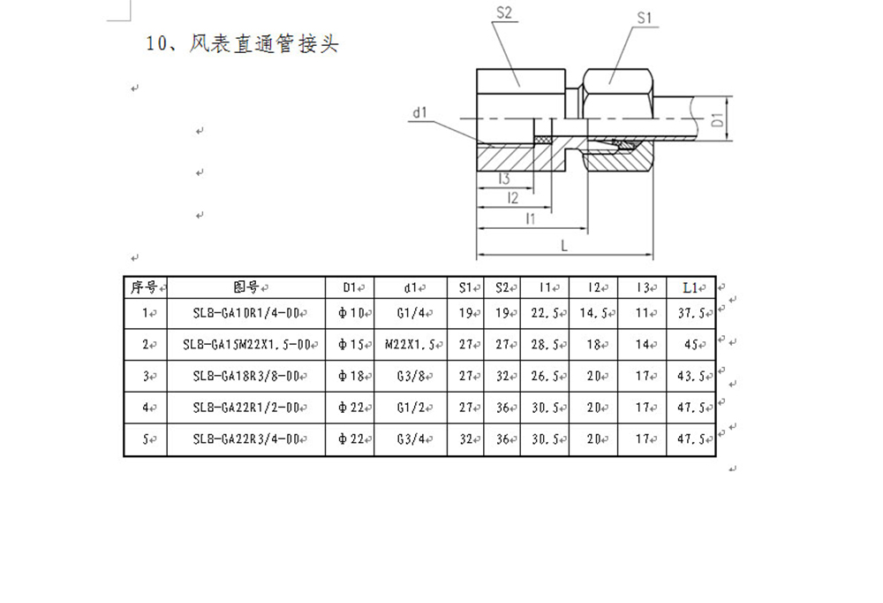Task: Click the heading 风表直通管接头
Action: click(263, 43)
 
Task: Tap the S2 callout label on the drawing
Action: click(504, 12)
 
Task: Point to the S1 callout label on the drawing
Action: click(645, 18)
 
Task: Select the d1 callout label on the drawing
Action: click(420, 113)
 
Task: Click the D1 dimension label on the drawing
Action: click(717, 119)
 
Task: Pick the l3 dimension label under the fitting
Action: click(504, 179)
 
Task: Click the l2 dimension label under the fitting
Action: click(512, 198)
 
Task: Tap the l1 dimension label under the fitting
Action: click(530, 218)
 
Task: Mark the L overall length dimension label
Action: click(564, 246)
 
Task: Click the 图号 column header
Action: click(245, 287)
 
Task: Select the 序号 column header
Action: click(144, 287)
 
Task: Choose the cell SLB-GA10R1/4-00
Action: click(246, 313)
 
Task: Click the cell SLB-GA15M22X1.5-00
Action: click(246, 344)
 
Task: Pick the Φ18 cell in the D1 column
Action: click(351, 376)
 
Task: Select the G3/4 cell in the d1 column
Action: click(411, 439)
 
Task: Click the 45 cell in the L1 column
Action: click(691, 344)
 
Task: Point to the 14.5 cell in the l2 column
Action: click(593, 313)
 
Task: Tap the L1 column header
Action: click(691, 287)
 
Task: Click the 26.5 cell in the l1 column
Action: click(545, 376)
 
